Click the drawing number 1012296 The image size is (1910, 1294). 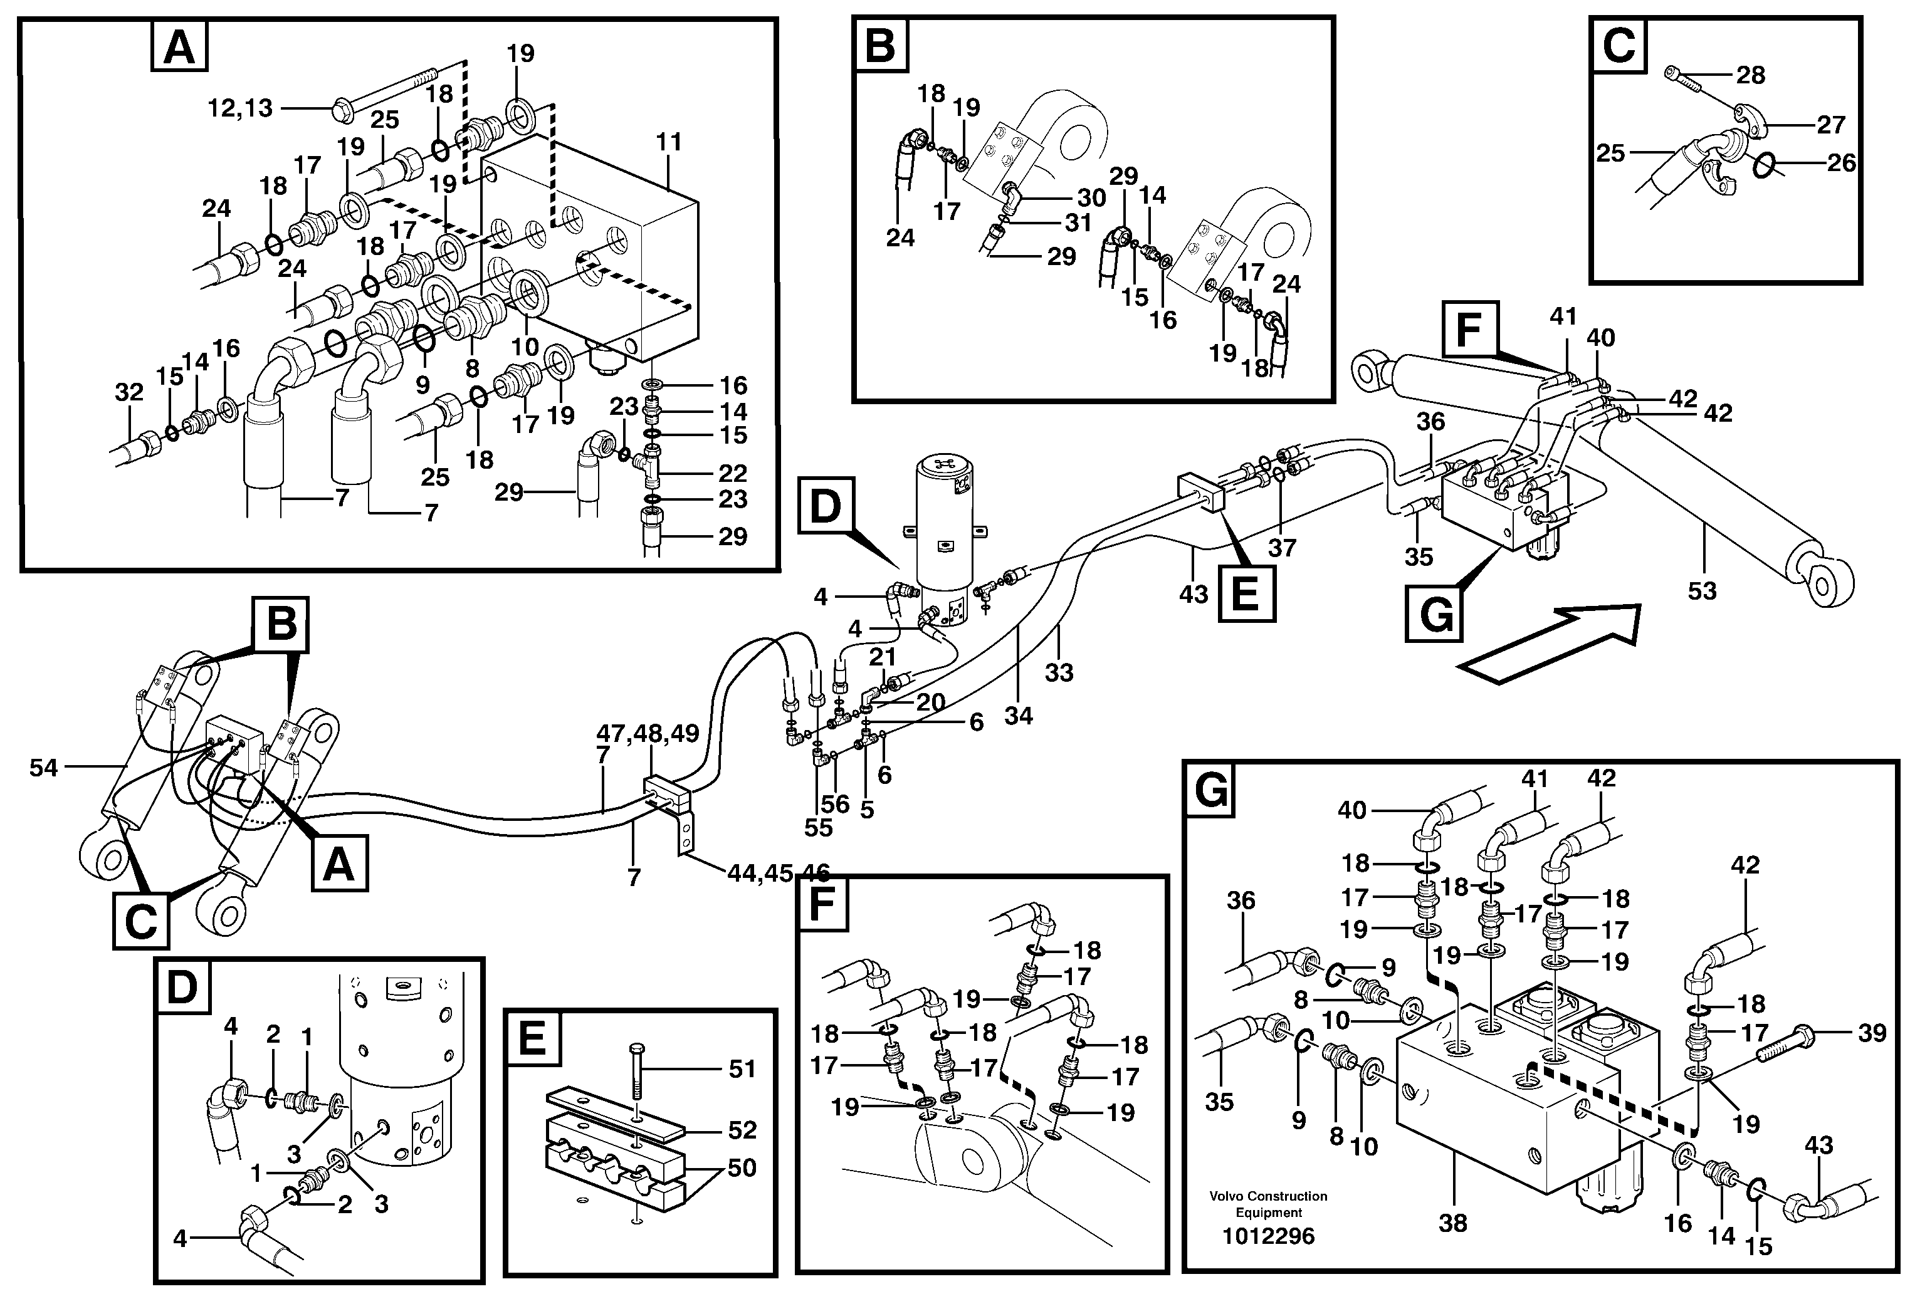(x=1267, y=1236)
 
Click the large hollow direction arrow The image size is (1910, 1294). (x=1553, y=642)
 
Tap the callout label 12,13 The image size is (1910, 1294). (x=239, y=108)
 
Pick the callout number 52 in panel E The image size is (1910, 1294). (x=742, y=1130)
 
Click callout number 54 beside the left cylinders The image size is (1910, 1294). (x=43, y=768)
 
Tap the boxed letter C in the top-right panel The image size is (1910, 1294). (x=1619, y=45)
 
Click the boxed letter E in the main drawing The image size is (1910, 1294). (x=1245, y=592)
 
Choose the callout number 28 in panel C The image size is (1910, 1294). (x=1751, y=75)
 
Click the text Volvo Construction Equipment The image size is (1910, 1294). (x=1267, y=1204)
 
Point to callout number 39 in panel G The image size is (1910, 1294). (x=1872, y=1033)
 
